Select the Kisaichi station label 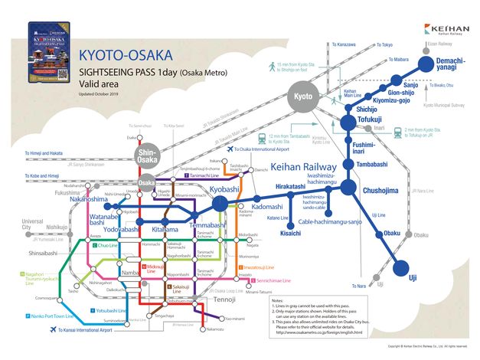pyautogui.click(x=291, y=232)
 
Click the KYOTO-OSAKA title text pyautogui.click(x=126, y=57)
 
